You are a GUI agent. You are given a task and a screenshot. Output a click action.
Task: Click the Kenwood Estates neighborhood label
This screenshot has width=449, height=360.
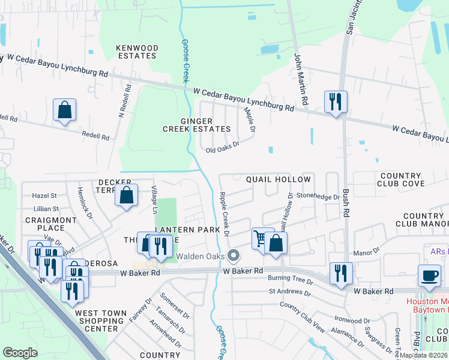point(137,52)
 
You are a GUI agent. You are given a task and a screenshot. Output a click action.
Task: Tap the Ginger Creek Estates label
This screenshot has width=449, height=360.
point(197,124)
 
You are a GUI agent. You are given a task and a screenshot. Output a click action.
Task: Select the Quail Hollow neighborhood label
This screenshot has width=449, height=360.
point(279,179)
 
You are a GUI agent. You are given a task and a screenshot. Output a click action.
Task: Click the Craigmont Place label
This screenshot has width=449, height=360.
point(44,224)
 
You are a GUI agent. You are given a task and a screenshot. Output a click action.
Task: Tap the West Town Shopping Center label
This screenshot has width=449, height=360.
point(101,321)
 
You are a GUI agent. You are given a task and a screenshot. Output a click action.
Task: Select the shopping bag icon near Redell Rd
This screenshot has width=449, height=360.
point(64,110)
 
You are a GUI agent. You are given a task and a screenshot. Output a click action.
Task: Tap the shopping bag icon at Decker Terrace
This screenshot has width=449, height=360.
point(126,195)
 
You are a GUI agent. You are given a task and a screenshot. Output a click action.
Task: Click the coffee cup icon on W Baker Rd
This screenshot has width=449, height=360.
point(429,275)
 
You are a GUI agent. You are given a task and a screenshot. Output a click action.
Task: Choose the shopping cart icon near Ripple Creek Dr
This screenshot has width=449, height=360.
point(261,238)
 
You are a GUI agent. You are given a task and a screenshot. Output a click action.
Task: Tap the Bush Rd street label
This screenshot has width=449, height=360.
point(346,204)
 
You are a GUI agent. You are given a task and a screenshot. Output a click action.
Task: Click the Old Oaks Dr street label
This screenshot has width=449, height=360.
point(223,148)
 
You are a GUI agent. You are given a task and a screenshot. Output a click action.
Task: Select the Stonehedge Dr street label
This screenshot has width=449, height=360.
point(318,195)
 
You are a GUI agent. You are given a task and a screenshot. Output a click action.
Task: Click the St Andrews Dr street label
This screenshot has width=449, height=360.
point(290,293)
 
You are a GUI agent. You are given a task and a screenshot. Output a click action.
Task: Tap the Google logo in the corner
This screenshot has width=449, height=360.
point(20,353)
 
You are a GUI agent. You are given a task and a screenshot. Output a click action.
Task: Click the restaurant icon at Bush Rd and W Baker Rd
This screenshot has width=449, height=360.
point(341,273)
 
